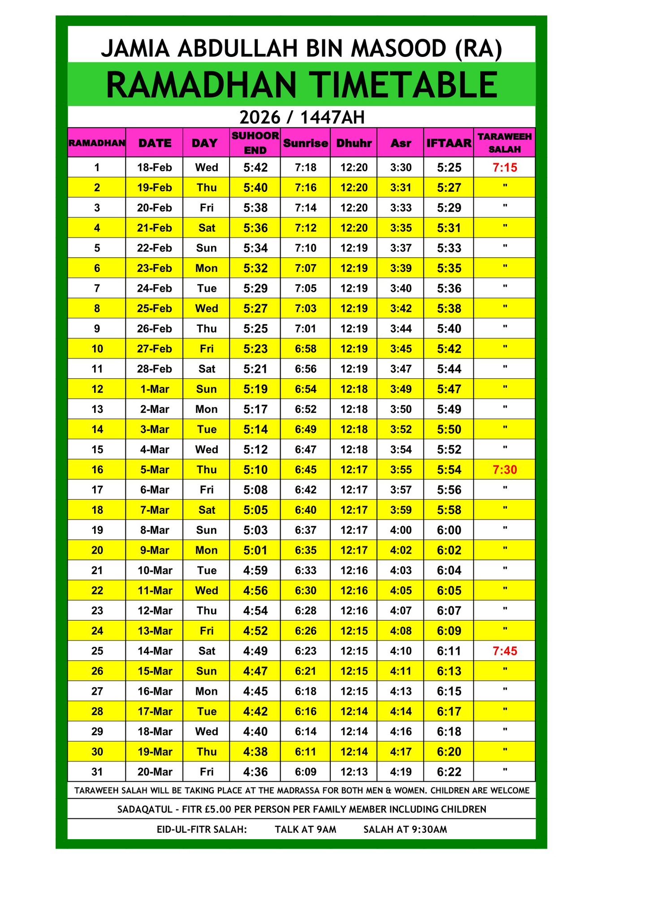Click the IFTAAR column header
click(x=449, y=143)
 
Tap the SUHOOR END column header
click(x=255, y=143)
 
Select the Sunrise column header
click(x=305, y=143)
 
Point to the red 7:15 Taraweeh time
click(x=505, y=168)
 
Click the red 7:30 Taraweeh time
click(x=505, y=470)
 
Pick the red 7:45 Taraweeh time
click(x=505, y=651)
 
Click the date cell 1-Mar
click(x=155, y=389)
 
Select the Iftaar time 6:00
click(x=449, y=530)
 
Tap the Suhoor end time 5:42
click(x=255, y=168)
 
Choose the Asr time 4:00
click(x=401, y=530)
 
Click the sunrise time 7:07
click(x=305, y=268)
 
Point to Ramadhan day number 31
click(x=97, y=772)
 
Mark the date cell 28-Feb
click(x=155, y=369)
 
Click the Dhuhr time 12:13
click(x=354, y=772)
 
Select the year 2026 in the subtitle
click(x=260, y=117)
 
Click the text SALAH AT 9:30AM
click(x=405, y=830)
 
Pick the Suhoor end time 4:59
click(x=255, y=571)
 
